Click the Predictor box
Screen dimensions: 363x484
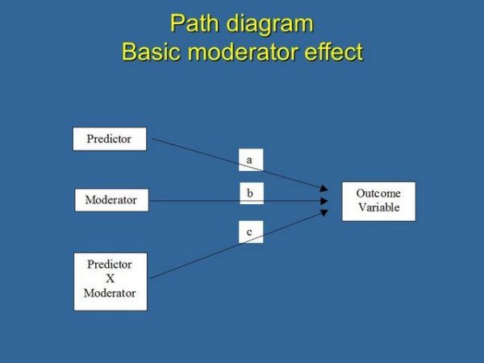[109, 138]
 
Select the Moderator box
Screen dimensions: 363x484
[111, 199]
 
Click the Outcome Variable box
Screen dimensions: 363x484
[378, 201]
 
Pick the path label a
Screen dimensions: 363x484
[250, 160]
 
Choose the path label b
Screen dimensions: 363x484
[250, 193]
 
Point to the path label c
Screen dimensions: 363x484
[250, 232]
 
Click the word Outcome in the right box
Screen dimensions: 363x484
[378, 194]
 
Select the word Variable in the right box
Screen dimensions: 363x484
[378, 207]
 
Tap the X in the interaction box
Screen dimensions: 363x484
[111, 279]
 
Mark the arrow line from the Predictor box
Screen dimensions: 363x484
[202, 152]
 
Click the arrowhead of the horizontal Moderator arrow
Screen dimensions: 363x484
[324, 200]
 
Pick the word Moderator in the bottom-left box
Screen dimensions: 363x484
[111, 293]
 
